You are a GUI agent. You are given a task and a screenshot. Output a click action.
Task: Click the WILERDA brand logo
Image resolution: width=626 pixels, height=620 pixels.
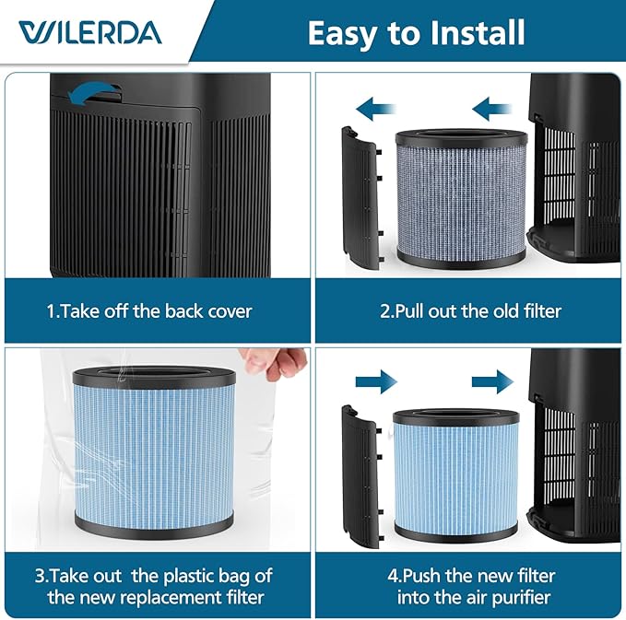89,33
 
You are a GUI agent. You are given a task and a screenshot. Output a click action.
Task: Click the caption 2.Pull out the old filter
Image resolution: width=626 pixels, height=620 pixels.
469,310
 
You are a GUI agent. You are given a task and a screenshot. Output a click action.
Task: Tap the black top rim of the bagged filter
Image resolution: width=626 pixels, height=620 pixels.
153,374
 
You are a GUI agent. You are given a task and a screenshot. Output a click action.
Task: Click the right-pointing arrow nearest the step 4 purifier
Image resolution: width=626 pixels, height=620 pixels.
491,380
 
